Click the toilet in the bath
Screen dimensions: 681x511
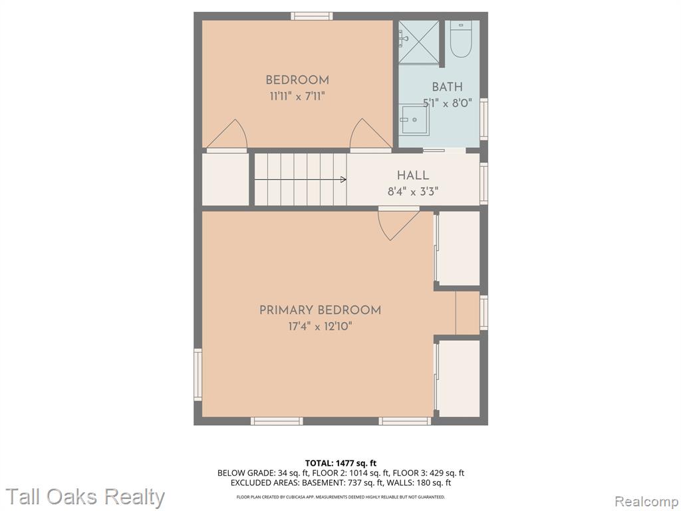click(x=460, y=39)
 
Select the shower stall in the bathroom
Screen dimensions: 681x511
click(x=419, y=42)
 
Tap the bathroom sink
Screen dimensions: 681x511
click(x=414, y=120)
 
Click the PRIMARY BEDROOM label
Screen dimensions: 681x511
click(x=320, y=310)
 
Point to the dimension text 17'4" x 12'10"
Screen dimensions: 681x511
click(x=320, y=326)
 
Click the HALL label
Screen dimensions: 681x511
click(x=413, y=176)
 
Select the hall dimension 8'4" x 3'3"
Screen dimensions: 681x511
click(x=413, y=192)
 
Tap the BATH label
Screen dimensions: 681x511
click(x=448, y=87)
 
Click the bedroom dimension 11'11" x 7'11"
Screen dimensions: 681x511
click(x=297, y=96)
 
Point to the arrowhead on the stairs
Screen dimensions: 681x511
click(x=344, y=179)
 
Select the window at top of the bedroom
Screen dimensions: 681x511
click(x=312, y=16)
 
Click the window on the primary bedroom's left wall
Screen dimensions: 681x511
click(x=198, y=374)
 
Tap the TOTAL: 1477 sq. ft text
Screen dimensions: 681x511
click(x=340, y=463)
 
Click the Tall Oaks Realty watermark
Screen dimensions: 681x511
click(x=85, y=497)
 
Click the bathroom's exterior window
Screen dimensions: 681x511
click(x=484, y=119)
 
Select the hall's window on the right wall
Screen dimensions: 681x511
click(x=484, y=184)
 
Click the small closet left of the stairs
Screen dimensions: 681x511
click(x=225, y=179)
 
